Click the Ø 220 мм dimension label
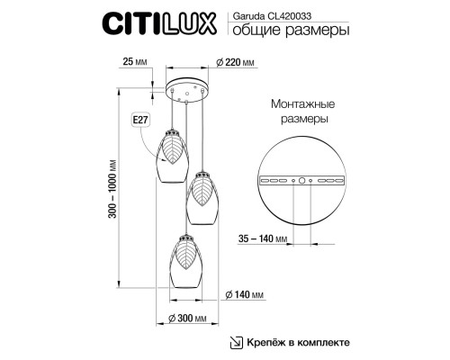[x=236, y=61]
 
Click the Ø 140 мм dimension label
[x=244, y=295]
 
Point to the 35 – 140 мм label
[x=266, y=239]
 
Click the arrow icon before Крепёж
[x=237, y=343]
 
